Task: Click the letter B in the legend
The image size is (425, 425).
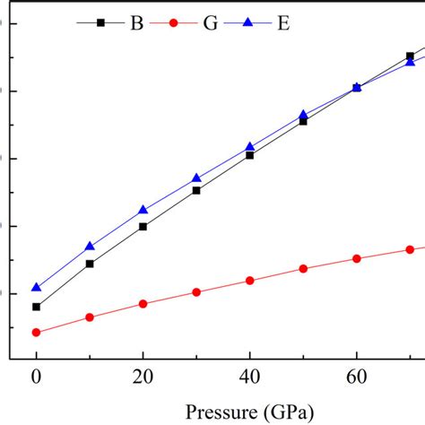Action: tap(136, 24)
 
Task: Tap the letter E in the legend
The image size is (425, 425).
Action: tap(283, 24)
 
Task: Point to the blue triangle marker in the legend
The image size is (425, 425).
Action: tap(247, 24)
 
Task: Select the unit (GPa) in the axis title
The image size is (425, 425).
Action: tap(287, 412)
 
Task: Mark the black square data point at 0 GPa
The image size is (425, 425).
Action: tap(37, 307)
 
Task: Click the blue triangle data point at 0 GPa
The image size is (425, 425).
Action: tap(37, 287)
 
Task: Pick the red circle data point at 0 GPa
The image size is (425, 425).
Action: tap(37, 333)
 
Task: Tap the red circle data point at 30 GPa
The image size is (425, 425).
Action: tap(196, 292)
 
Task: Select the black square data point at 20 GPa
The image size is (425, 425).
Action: tap(143, 227)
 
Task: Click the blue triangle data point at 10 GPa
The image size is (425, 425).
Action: tap(90, 246)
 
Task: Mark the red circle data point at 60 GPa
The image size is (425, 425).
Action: tap(357, 258)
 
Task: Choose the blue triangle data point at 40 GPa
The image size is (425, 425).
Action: tap(250, 146)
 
